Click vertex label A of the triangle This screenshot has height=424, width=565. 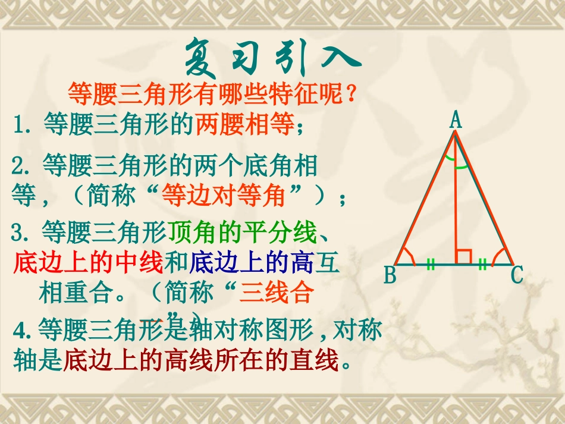[456, 121]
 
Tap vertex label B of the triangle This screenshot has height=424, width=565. [390, 275]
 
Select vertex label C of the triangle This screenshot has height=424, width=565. [517, 275]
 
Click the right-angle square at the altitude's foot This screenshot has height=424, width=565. [463, 257]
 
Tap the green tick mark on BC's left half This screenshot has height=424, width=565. [430, 265]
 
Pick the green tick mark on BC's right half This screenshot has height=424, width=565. [483, 265]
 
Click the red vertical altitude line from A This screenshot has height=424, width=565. [455, 208]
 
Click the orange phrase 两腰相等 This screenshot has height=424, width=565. [245, 125]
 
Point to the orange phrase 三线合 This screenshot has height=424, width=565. [276, 293]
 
